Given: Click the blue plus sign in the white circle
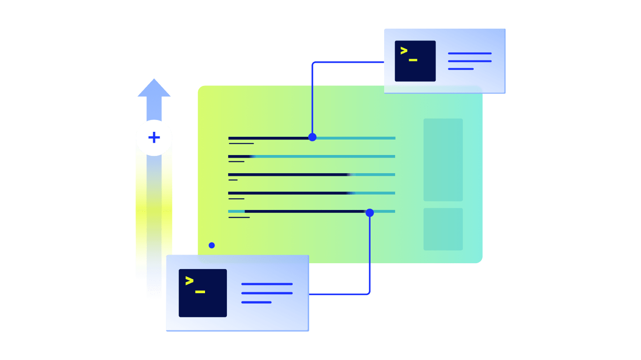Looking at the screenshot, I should [x=154, y=138].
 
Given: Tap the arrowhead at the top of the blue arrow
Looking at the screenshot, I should [x=154, y=89].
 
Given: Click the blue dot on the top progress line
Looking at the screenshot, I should [x=312, y=137].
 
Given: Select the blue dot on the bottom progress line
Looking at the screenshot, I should [x=370, y=213].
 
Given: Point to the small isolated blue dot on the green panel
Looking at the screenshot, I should [x=211, y=245].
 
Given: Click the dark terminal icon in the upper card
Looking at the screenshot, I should [x=415, y=61].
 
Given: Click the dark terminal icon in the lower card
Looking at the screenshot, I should [x=203, y=293].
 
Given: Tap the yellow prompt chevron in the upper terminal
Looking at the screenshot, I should [x=404, y=51].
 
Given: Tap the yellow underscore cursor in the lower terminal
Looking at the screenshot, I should [x=200, y=292].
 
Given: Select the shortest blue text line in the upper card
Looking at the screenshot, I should [x=461, y=69].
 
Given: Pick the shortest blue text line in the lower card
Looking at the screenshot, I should [x=256, y=302].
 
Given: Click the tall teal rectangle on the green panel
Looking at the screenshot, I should [x=443, y=160].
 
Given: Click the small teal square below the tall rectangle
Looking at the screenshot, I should [x=443, y=229].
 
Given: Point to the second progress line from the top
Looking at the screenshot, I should [x=311, y=156].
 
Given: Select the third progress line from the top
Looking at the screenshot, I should [x=311, y=175].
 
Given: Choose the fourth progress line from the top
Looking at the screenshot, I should [x=311, y=193].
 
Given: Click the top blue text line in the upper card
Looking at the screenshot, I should [x=470, y=53].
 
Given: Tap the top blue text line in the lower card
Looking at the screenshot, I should [x=267, y=284].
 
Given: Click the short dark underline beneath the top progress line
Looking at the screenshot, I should [x=241, y=144].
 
